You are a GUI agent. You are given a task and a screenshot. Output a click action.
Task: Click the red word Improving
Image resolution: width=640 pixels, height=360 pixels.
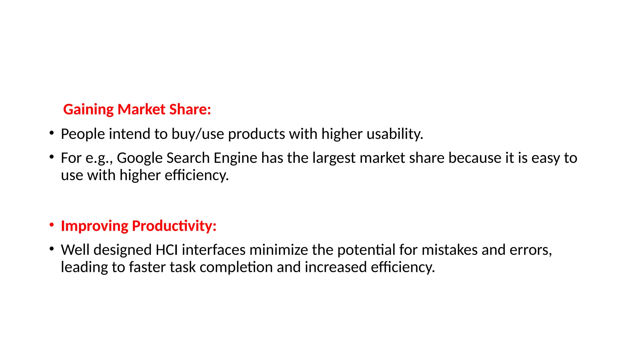[x=94, y=226]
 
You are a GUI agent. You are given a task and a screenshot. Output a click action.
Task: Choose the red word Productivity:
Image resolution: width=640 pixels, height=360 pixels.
[x=174, y=226]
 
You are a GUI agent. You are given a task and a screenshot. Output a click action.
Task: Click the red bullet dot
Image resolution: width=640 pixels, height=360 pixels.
[x=52, y=225]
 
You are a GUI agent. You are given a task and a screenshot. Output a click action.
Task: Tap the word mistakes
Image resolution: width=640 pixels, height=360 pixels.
[x=449, y=250]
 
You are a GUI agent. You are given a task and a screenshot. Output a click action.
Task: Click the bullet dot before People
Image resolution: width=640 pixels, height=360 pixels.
[x=52, y=133]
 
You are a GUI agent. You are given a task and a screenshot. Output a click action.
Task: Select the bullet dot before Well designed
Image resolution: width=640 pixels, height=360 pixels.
[x=52, y=249]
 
